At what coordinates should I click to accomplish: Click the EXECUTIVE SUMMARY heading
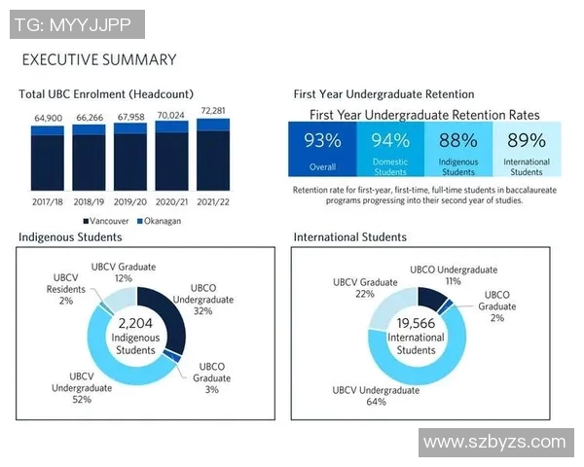tap(99, 59)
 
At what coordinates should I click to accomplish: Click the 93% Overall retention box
tap(322, 149)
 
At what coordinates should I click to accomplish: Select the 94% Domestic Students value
tap(390, 141)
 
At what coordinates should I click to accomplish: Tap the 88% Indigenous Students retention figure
tap(457, 141)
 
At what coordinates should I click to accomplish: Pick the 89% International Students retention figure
tap(527, 141)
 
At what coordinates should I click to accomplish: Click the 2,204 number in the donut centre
tap(136, 322)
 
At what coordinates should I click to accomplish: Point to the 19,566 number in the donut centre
tap(417, 324)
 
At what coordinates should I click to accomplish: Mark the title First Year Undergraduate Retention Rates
tap(424, 115)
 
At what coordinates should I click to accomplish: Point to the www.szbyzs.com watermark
tap(494, 442)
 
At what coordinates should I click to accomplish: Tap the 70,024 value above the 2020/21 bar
tap(172, 115)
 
